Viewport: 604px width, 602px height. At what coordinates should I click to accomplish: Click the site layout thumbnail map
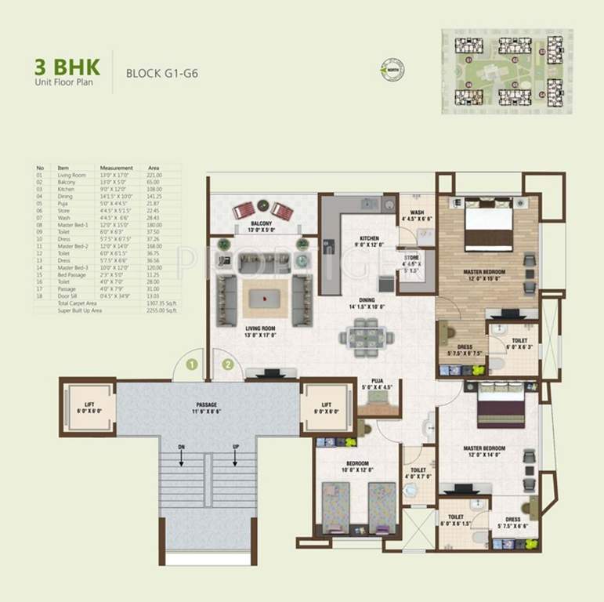506,71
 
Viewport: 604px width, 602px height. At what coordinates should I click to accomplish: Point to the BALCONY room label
261,227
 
